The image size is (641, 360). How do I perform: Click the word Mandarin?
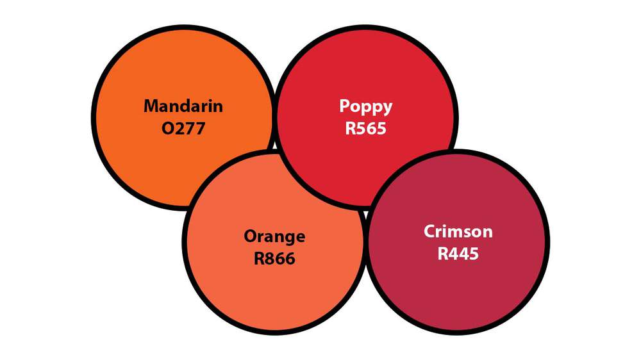point(183,106)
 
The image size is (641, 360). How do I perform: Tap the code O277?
point(183,129)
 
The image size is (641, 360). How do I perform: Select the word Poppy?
point(366,106)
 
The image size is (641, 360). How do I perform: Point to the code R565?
point(366,128)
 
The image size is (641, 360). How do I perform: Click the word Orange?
point(274,237)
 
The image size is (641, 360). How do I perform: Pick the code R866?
point(274,259)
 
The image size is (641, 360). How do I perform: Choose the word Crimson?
point(458,231)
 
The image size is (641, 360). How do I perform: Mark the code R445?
point(458,254)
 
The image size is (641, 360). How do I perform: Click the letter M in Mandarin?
point(151,106)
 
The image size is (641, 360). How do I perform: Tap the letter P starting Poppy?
point(344,106)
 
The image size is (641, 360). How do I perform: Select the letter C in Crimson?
point(429,231)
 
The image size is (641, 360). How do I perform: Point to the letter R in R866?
point(258,259)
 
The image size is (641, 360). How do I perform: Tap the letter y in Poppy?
point(388,108)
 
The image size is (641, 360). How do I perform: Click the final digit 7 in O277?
point(200,129)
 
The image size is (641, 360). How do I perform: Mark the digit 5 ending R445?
point(474,254)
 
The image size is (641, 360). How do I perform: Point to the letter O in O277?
point(168,129)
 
